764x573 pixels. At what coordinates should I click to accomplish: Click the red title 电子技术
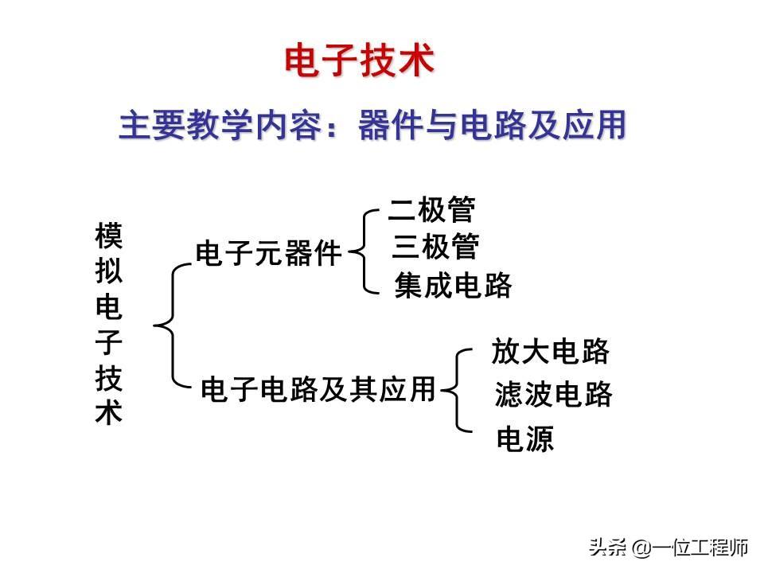click(360, 62)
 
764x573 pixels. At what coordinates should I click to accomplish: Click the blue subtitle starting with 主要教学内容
click(372, 126)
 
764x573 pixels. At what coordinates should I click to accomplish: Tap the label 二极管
click(432, 211)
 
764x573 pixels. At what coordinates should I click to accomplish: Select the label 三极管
click(435, 248)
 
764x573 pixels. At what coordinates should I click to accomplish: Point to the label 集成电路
click(453, 286)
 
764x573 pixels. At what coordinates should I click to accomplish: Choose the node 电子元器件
click(268, 255)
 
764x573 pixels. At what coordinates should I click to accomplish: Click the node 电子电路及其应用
click(318, 389)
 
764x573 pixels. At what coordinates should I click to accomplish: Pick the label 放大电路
click(551, 351)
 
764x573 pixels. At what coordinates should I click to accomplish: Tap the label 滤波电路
click(554, 394)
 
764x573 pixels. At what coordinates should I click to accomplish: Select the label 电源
click(524, 439)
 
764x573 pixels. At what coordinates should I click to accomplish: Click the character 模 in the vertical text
click(109, 236)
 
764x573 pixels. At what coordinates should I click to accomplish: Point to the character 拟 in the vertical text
click(109, 271)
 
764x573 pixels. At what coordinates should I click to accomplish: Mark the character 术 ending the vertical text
click(109, 414)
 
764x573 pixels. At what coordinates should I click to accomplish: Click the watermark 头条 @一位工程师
click(668, 548)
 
